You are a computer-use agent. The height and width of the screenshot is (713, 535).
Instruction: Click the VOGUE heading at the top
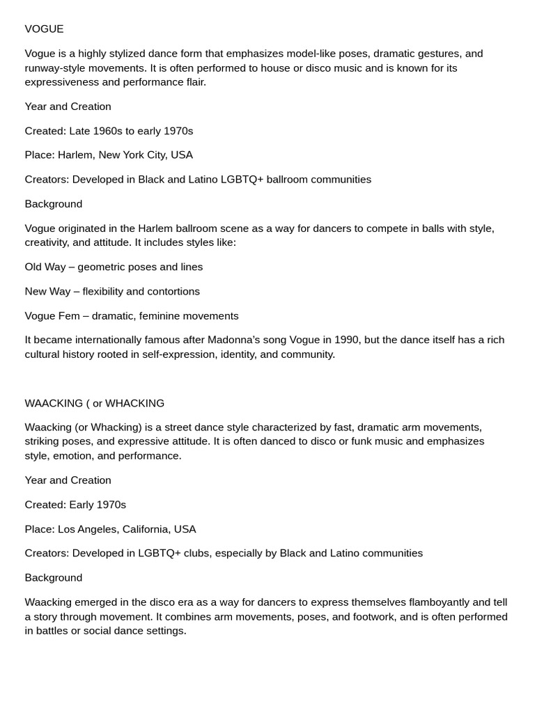[x=44, y=29]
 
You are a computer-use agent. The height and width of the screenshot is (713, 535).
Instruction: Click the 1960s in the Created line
[x=110, y=131]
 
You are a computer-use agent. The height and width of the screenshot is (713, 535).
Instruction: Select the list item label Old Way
[x=45, y=267]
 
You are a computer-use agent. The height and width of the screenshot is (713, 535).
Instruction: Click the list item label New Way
[x=47, y=291]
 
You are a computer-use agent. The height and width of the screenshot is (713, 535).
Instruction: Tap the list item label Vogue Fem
[x=52, y=315]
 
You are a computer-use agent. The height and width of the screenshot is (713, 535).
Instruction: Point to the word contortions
[x=173, y=291]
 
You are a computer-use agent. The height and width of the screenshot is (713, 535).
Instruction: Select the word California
[x=146, y=529]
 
